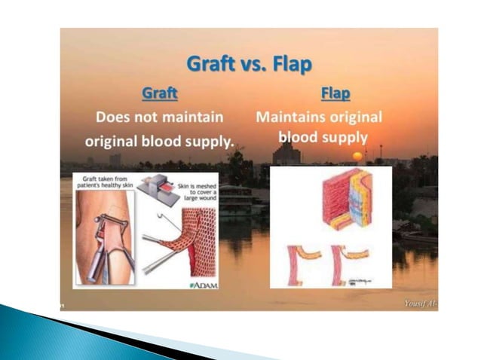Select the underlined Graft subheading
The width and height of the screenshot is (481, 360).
click(160, 94)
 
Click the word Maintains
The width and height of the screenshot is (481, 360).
click(290, 117)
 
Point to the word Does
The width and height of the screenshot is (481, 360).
click(114, 117)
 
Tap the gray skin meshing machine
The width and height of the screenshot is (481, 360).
click(162, 189)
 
